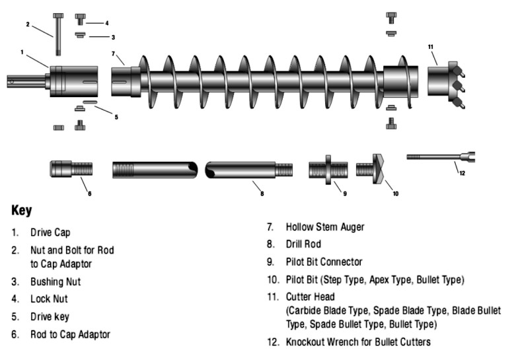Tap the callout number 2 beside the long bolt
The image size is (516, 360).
tap(28, 24)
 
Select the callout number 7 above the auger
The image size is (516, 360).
tap(113, 53)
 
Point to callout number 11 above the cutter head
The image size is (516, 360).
tap(430, 47)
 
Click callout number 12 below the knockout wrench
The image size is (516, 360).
tap(462, 173)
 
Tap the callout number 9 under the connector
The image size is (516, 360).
tap(344, 194)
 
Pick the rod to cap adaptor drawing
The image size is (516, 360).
tap(71, 168)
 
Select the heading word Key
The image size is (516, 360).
tap(22, 211)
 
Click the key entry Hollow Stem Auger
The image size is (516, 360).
tap(324, 227)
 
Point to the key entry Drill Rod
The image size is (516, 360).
tap(303, 244)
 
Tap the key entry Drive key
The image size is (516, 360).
tap(50, 316)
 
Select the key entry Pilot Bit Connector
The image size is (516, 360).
tap(324, 262)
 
